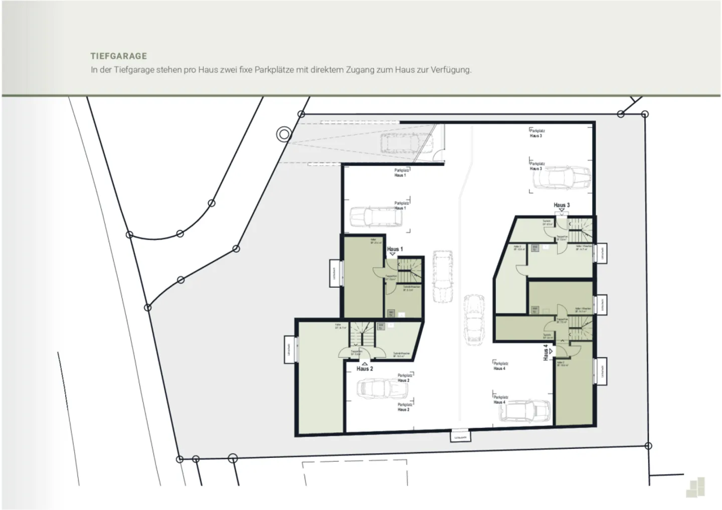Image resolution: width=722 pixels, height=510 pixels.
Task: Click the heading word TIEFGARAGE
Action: coord(119,56)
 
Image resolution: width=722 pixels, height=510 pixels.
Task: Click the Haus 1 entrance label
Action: coord(395,249)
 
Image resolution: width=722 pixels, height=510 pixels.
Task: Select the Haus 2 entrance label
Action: coord(365,369)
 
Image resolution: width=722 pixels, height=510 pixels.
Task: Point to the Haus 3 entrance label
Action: coord(562,205)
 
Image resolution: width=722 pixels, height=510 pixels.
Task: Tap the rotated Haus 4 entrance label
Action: coord(546,352)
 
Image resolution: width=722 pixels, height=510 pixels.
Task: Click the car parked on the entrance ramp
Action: coord(402,143)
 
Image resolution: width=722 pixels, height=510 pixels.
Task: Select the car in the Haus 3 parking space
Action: coord(561,178)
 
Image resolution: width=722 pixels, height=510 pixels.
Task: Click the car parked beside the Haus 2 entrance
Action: coord(376,388)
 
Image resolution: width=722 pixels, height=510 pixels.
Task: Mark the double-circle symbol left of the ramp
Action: coord(284,134)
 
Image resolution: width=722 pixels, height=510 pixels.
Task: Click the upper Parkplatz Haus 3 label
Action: coord(536,133)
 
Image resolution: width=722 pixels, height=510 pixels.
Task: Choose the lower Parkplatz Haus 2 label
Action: coord(404,407)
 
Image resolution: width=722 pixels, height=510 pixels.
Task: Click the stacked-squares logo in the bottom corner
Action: coord(696,488)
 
